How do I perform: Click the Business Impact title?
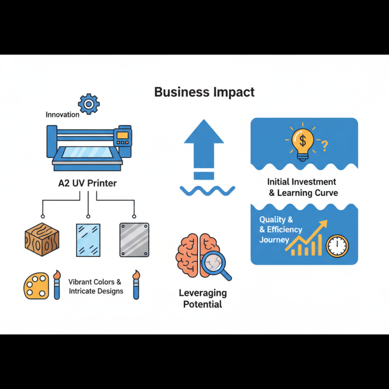(204, 92)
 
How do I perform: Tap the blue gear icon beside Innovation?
(88, 104)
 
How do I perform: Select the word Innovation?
(62, 115)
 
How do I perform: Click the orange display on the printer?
(123, 134)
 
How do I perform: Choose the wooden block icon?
(41, 239)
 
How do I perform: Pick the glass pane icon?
(88, 240)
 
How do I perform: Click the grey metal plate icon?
(134, 240)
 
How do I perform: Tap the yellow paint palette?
(36, 285)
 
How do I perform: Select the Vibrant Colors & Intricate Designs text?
(95, 286)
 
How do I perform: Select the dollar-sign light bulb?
(302, 142)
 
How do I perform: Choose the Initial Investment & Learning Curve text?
(301, 187)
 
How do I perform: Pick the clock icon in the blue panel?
(337, 246)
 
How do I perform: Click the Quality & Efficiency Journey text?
(281, 230)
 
